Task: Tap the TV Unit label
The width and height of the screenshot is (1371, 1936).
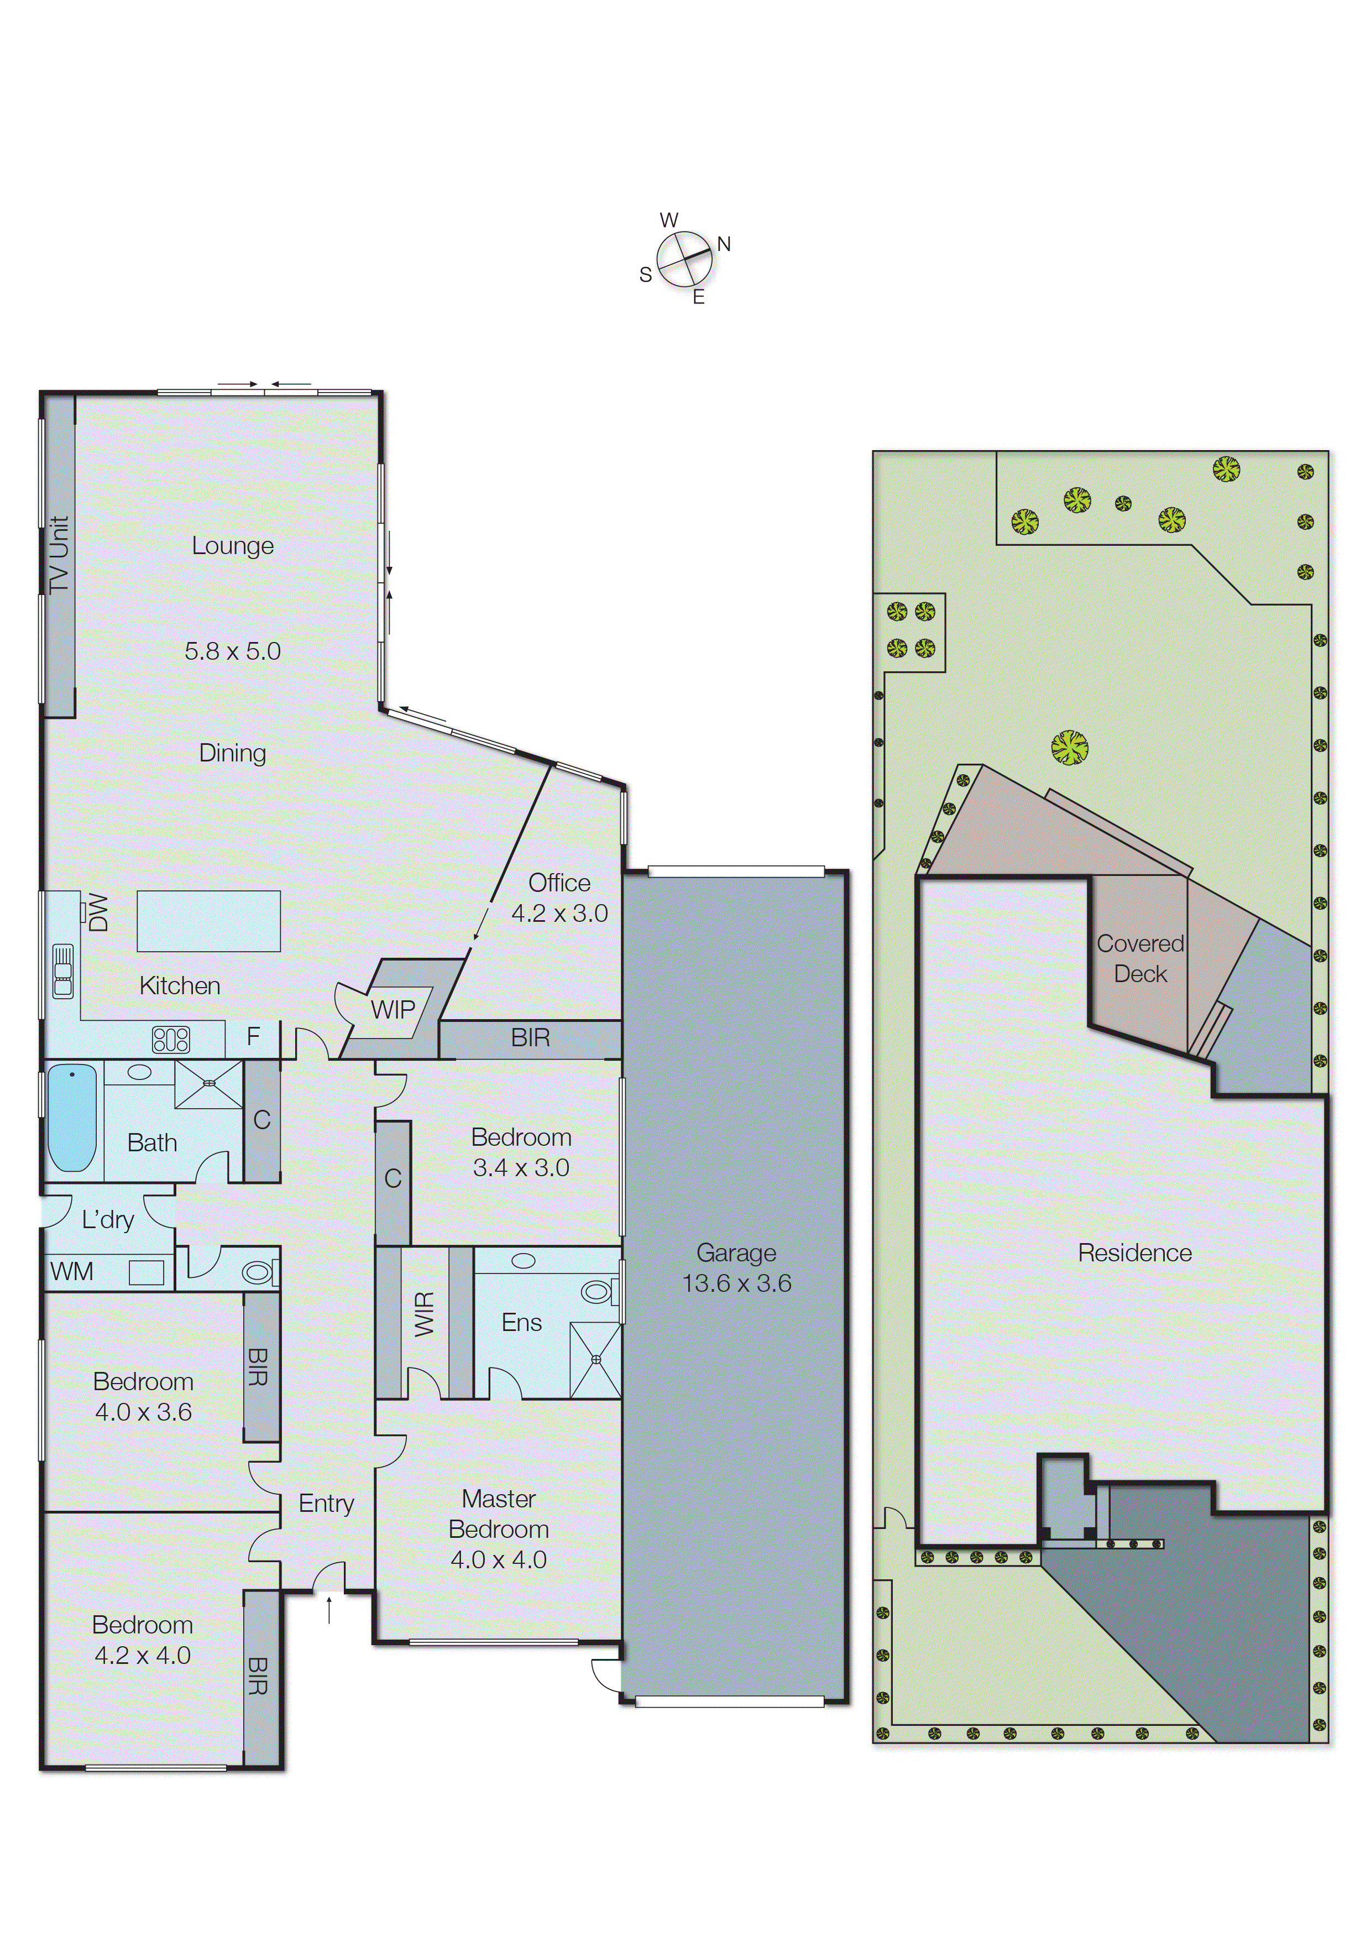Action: (59, 554)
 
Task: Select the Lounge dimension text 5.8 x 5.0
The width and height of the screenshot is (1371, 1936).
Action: (233, 651)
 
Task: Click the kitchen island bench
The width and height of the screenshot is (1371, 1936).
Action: (208, 921)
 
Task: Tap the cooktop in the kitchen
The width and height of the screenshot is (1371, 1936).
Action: (171, 1040)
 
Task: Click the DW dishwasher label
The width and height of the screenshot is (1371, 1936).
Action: (99, 914)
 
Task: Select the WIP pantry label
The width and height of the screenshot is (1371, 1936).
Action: (393, 1009)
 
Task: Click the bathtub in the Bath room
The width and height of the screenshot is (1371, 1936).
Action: (72, 1119)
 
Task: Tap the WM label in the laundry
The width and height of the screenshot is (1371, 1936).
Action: (72, 1271)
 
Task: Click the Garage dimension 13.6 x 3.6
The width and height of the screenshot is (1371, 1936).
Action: (737, 1283)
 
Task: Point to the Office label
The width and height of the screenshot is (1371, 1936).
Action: (559, 883)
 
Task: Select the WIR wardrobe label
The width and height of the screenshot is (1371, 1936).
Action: (425, 1314)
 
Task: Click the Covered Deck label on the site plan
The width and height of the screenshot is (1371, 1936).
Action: (1140, 958)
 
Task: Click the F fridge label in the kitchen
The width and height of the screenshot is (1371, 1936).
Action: (253, 1037)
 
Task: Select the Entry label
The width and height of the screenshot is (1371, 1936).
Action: (327, 1504)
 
